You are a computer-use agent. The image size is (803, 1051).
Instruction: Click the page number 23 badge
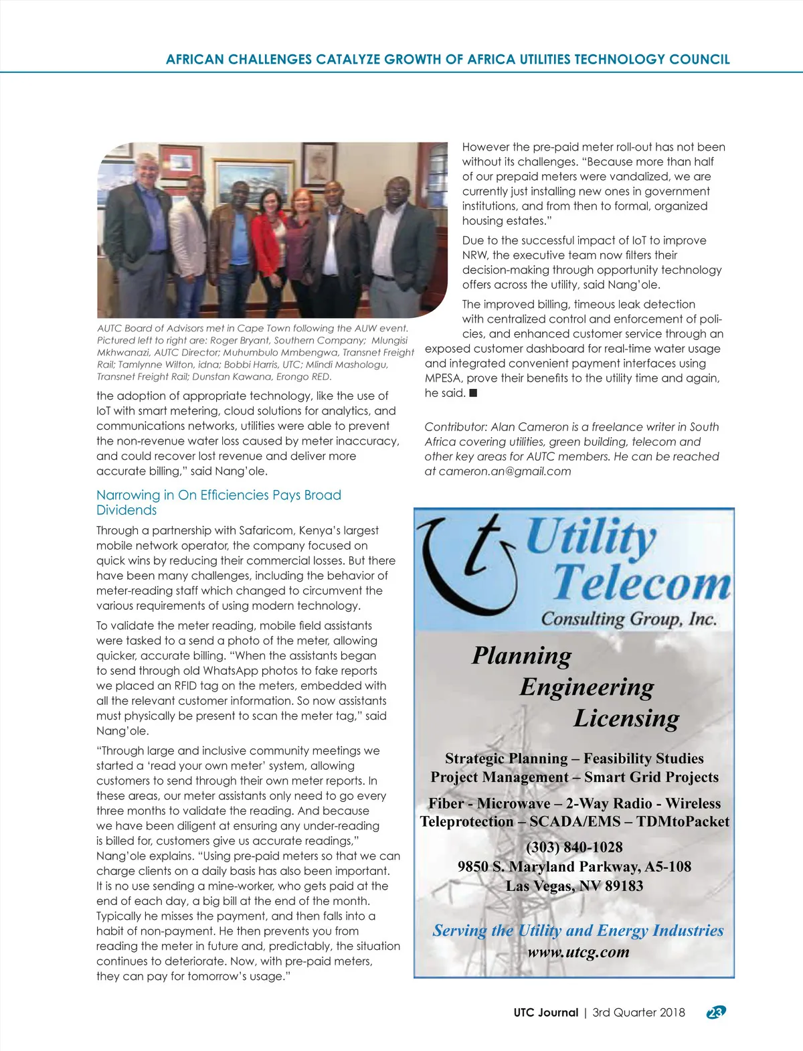pyautogui.click(x=716, y=1012)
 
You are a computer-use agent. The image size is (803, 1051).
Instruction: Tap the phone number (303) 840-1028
pyautogui.click(x=574, y=847)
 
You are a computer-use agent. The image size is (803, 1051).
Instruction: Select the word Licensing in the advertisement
pyautogui.click(x=626, y=718)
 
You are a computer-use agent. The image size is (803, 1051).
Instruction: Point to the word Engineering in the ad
pyautogui.click(x=587, y=687)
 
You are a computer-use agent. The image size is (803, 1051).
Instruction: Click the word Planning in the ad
pyautogui.click(x=522, y=655)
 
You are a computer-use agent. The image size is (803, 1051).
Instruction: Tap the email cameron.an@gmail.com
pyautogui.click(x=505, y=471)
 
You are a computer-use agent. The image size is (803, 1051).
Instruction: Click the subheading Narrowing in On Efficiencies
pyautogui.click(x=218, y=495)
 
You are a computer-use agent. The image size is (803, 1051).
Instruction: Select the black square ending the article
pyautogui.click(x=473, y=393)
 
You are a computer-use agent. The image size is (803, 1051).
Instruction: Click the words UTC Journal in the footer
pyautogui.click(x=545, y=1012)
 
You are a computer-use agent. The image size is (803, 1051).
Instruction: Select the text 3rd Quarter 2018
pyautogui.click(x=638, y=1012)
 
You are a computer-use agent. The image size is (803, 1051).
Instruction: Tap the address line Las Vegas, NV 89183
pyautogui.click(x=574, y=886)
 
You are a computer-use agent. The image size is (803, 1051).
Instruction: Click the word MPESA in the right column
pyautogui.click(x=443, y=378)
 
